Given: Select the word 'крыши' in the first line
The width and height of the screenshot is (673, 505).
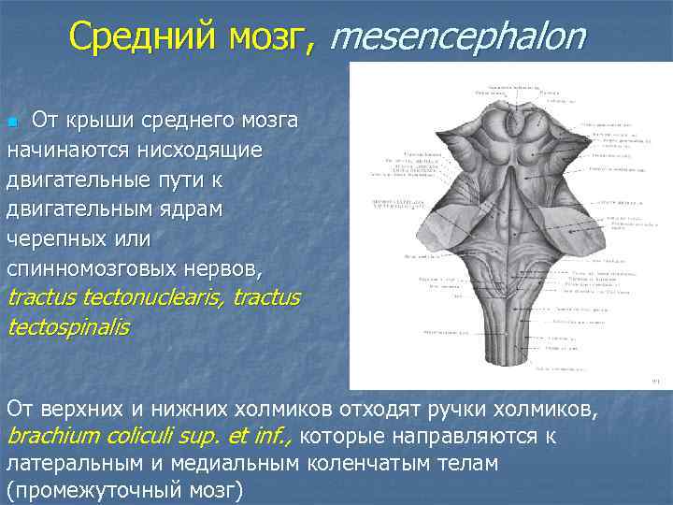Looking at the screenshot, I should point(111,121).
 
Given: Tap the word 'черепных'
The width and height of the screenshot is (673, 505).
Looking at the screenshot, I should point(57,238).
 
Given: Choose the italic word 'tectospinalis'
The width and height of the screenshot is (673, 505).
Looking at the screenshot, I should point(67,327).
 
